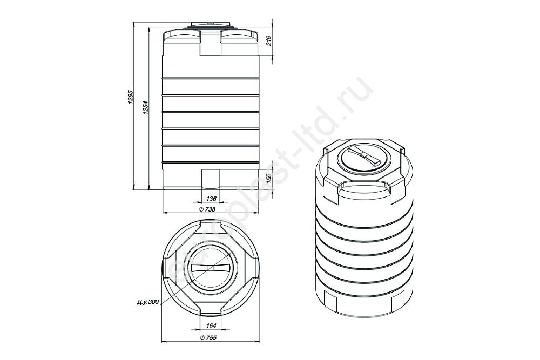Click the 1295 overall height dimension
[x=130, y=97]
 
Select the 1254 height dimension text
[x=145, y=108]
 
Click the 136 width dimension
[x=211, y=199]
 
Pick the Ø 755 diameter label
[x=208, y=338]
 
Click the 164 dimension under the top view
[x=211, y=325]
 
